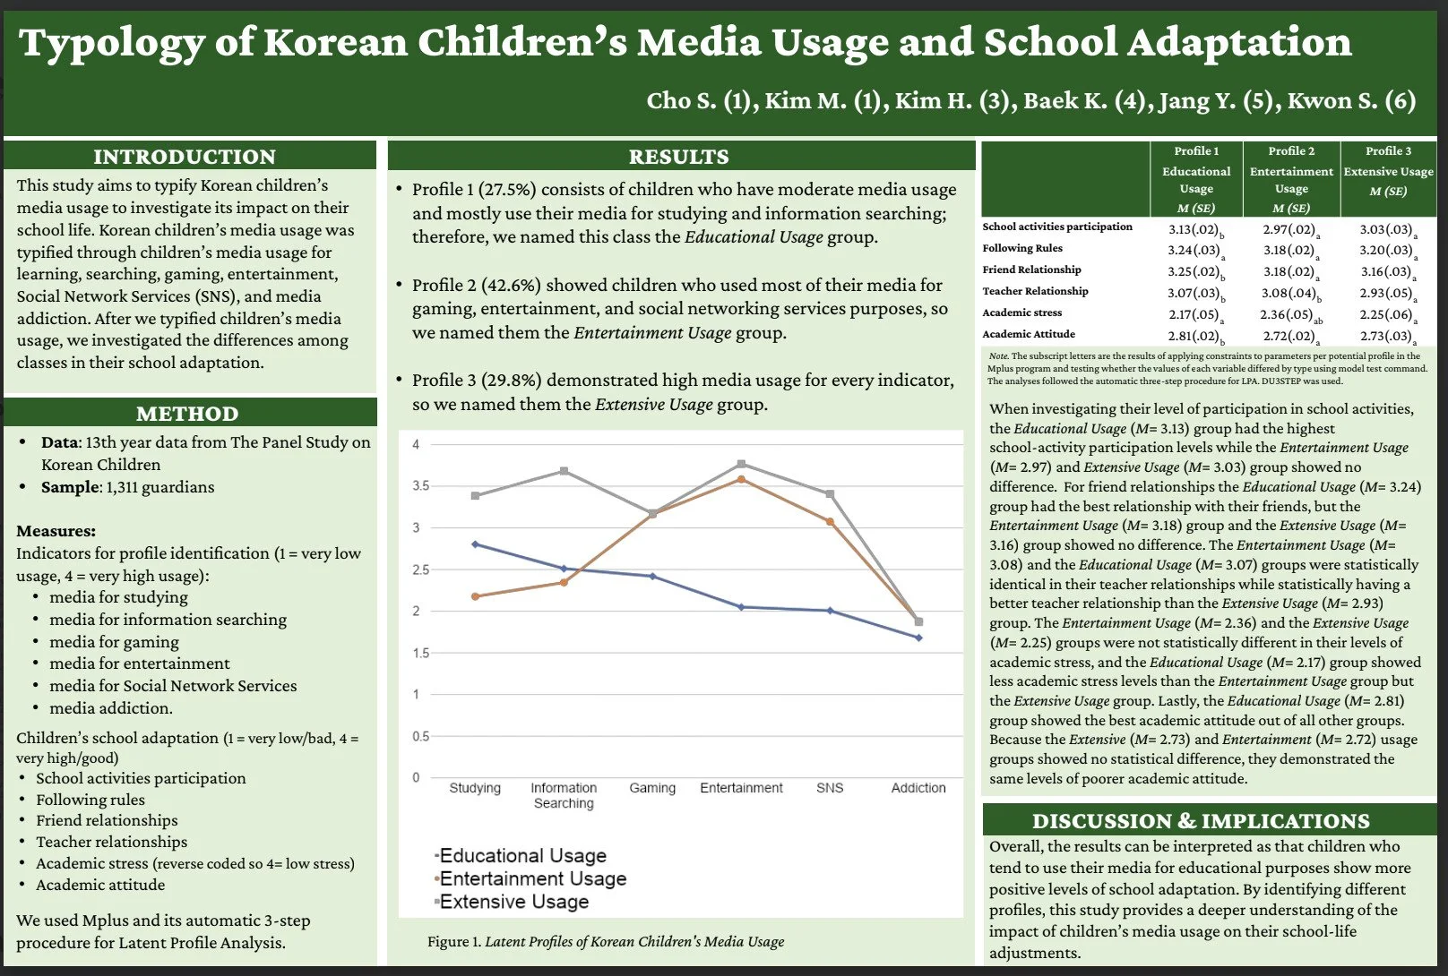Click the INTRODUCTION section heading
coord(185,157)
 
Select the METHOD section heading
coord(187,414)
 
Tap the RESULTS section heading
coord(678,157)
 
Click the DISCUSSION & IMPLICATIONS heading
coord(1201,821)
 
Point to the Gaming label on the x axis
coord(652,788)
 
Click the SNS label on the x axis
coord(830,788)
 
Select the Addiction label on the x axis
coord(918,788)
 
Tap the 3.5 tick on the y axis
coord(420,485)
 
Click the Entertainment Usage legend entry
coord(532,878)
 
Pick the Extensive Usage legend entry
coord(513,902)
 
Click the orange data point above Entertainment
coord(741,480)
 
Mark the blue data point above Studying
coord(475,544)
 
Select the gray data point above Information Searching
coord(564,471)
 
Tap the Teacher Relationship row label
coord(1035,291)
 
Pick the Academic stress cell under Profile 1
coord(1195,315)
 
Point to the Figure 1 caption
coord(606,942)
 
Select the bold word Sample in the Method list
coord(70,487)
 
